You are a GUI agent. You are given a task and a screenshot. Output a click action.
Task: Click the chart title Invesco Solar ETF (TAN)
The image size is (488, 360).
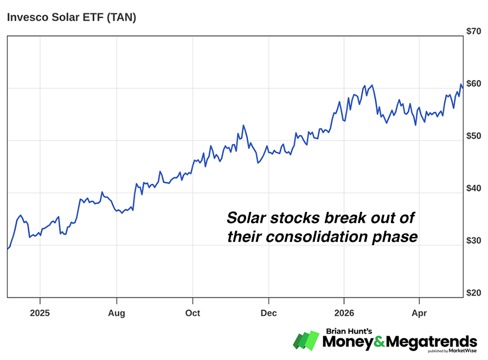point(72,17)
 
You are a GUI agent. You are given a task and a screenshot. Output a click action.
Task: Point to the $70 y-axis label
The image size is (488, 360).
point(473,31)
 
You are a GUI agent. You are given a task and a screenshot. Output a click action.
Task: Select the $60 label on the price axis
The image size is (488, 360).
point(473,83)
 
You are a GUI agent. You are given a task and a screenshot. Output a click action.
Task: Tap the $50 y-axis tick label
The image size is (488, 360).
point(473,136)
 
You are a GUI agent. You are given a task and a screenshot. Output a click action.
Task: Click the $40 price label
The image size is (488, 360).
point(473,188)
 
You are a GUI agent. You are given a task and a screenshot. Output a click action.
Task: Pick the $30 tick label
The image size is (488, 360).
point(473,240)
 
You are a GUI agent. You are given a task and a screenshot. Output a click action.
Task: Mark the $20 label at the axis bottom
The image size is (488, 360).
point(473,292)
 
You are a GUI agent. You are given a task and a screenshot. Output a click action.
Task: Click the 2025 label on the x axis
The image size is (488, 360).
point(40,313)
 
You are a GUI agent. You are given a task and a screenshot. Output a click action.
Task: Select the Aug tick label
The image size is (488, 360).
point(117,313)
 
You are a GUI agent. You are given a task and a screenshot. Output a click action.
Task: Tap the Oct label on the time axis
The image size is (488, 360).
point(192,313)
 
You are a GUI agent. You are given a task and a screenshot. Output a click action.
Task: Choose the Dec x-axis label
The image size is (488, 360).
point(268,313)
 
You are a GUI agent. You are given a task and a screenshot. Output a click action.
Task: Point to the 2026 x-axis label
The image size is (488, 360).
point(344,313)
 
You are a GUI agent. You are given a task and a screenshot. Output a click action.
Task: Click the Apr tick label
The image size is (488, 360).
point(419,313)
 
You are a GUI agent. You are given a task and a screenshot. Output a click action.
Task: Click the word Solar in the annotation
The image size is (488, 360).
point(247,217)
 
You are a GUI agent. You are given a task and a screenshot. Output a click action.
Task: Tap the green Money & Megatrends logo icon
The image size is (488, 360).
point(306,340)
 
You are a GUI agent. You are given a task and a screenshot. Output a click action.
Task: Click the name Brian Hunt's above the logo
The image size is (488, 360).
point(349,331)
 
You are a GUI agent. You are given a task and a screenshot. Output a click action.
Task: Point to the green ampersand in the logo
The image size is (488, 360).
point(380,342)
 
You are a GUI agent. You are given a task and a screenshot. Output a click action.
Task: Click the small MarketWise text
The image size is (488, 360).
point(463,351)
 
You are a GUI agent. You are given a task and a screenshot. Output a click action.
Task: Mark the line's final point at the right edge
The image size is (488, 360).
point(463,88)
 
